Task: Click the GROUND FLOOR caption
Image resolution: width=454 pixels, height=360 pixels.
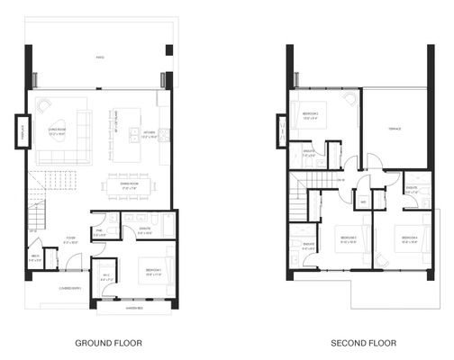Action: (106, 343)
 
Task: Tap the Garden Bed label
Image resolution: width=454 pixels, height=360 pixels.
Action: (136, 308)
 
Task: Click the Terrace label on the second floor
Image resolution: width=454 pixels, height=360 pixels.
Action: (394, 129)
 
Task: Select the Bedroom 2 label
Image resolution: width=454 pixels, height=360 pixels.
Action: (350, 239)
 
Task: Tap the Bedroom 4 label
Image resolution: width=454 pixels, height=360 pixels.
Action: (410, 239)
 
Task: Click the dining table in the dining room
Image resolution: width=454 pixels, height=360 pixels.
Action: (131, 176)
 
